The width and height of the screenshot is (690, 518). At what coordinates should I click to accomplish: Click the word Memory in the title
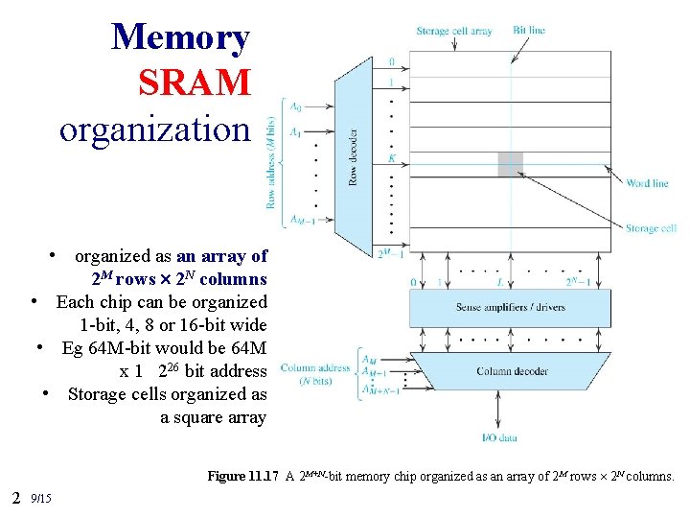click(x=180, y=37)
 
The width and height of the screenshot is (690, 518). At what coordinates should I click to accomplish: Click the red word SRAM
click(x=195, y=82)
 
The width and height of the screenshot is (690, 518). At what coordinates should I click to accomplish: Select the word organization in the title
click(x=153, y=128)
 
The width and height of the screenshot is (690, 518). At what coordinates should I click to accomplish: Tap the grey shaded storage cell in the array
click(x=510, y=164)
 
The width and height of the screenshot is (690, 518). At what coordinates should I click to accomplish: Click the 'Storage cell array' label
click(x=453, y=31)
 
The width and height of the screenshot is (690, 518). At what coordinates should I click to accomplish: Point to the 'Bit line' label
click(x=529, y=31)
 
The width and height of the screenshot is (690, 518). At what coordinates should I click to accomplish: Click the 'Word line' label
click(x=647, y=182)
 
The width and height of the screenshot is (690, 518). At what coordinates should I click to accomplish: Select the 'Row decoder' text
click(x=352, y=158)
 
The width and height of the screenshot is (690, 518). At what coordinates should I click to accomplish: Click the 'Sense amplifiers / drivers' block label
click(x=509, y=309)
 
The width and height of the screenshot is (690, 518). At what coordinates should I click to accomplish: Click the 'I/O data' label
click(x=498, y=437)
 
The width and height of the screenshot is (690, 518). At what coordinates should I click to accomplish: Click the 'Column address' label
click(x=314, y=367)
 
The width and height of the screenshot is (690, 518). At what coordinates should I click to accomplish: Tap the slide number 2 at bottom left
click(x=16, y=497)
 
